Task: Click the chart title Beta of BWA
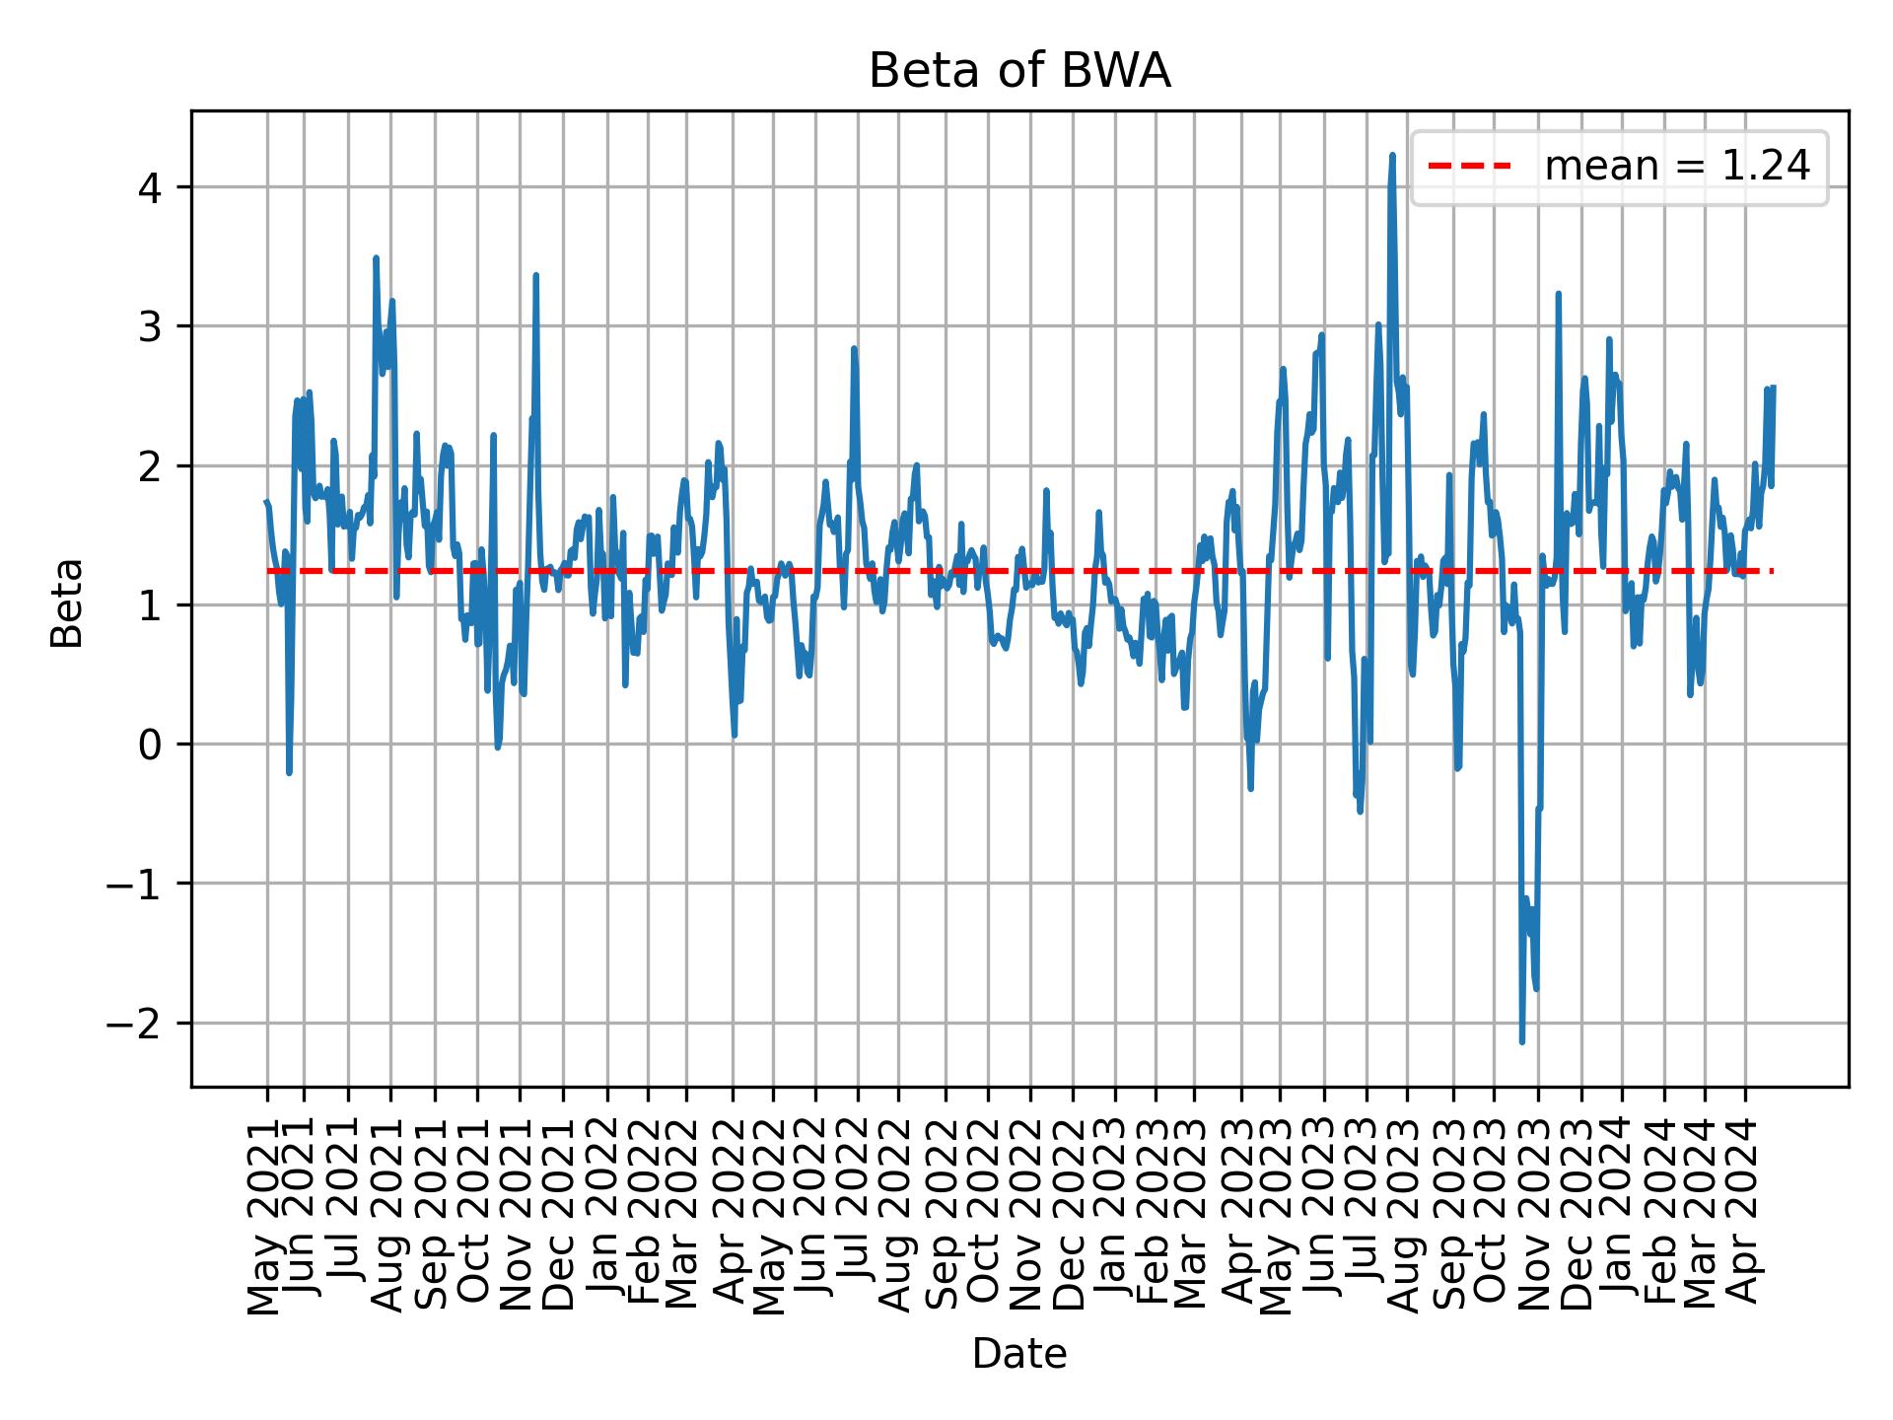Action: pos(1018,72)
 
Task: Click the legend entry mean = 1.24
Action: pos(1676,167)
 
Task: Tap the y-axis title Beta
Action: pos(67,603)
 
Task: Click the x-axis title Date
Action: pos(1018,1354)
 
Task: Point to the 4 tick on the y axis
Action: pos(150,187)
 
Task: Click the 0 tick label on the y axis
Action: pos(150,745)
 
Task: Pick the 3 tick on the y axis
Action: pos(150,326)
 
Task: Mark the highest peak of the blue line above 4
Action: pos(1392,156)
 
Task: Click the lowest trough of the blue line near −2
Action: pos(1522,1041)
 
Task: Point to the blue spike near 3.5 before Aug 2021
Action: pos(376,258)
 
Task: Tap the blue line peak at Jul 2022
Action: pos(854,348)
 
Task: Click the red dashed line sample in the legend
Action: pos(1469,167)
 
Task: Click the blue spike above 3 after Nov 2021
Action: pos(535,276)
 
